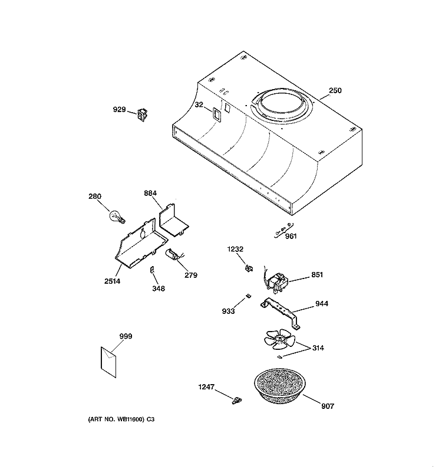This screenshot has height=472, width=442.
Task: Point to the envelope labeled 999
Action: pyautogui.click(x=108, y=362)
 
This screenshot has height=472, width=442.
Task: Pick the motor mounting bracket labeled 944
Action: pyautogui.click(x=281, y=313)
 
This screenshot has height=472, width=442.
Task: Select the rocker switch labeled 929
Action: pyautogui.click(x=143, y=115)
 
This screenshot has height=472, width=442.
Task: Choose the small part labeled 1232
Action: pyautogui.click(x=249, y=268)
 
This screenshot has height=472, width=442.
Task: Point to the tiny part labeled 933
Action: pyautogui.click(x=248, y=296)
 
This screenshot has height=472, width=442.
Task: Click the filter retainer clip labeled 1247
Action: pyautogui.click(x=237, y=401)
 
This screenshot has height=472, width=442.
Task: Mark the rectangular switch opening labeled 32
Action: pyautogui.click(x=216, y=114)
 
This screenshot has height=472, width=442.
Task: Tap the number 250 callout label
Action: pyautogui.click(x=335, y=90)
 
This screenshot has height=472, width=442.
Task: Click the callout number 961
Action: pyautogui.click(x=291, y=236)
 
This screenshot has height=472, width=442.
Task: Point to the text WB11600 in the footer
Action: pyautogui.click(x=131, y=419)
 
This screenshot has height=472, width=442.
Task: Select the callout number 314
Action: pyautogui.click(x=318, y=348)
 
